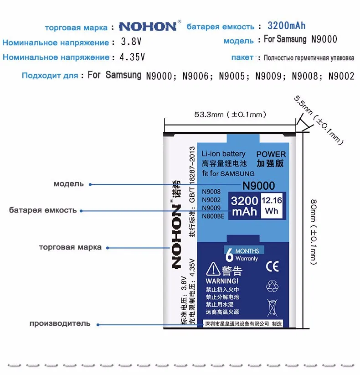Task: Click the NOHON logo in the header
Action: (x=148, y=26)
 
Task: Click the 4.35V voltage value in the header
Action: (x=132, y=57)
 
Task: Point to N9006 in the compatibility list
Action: (x=200, y=76)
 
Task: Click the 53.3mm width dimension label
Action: (x=230, y=115)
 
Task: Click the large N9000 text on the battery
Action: (x=258, y=186)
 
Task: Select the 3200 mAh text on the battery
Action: (x=245, y=206)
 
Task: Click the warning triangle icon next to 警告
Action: (x=213, y=270)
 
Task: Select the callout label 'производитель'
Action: (x=60, y=323)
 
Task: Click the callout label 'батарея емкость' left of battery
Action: (x=43, y=210)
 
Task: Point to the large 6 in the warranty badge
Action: (x=230, y=254)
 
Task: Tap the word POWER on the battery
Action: (x=271, y=154)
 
